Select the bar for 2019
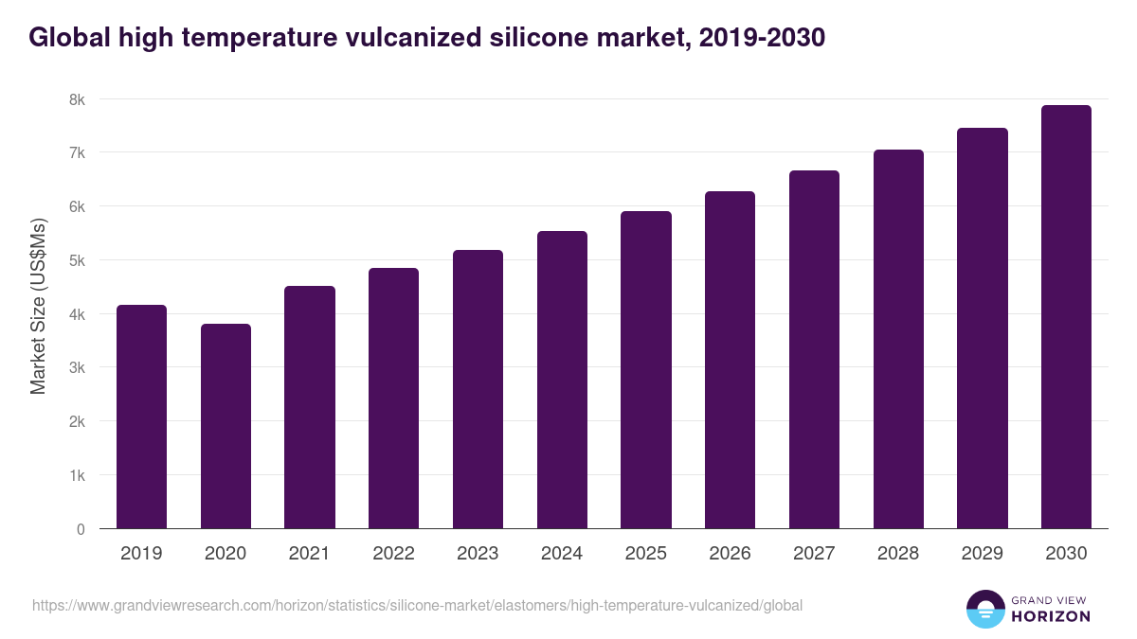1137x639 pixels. click(x=141, y=417)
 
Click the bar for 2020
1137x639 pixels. click(x=226, y=426)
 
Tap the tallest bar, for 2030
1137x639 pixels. click(x=1066, y=317)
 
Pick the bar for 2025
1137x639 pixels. click(x=646, y=370)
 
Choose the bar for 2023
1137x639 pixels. click(x=478, y=389)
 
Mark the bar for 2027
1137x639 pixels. click(x=814, y=349)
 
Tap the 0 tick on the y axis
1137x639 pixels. click(x=81, y=529)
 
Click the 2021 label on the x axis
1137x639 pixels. click(x=309, y=554)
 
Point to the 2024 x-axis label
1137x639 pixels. click(x=562, y=554)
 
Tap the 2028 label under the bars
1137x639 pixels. click(x=898, y=554)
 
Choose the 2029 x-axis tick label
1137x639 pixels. click(x=982, y=554)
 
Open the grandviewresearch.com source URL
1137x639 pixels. click(x=417, y=605)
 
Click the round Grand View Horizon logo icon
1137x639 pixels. click(x=984, y=610)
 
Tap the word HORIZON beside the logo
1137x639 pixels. click(x=1052, y=616)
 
